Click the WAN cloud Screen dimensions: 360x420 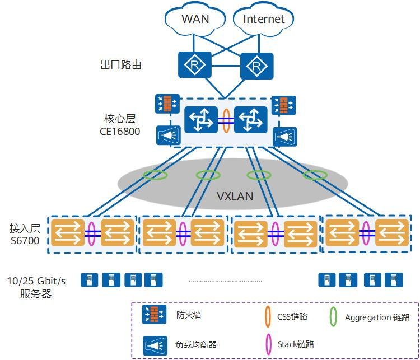(x=195, y=20)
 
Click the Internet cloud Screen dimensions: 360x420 (x=263, y=20)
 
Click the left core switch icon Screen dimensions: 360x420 (x=202, y=119)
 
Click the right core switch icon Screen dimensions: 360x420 (x=251, y=119)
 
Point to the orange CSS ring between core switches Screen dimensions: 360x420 (x=226, y=119)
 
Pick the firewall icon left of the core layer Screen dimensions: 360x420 (x=167, y=105)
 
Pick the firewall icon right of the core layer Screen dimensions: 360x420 (x=284, y=105)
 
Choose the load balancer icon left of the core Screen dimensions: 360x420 (x=167, y=135)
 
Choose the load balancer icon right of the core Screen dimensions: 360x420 (x=284, y=137)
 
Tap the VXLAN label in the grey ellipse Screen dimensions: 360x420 (x=235, y=197)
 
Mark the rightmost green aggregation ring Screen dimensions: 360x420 (x=314, y=175)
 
